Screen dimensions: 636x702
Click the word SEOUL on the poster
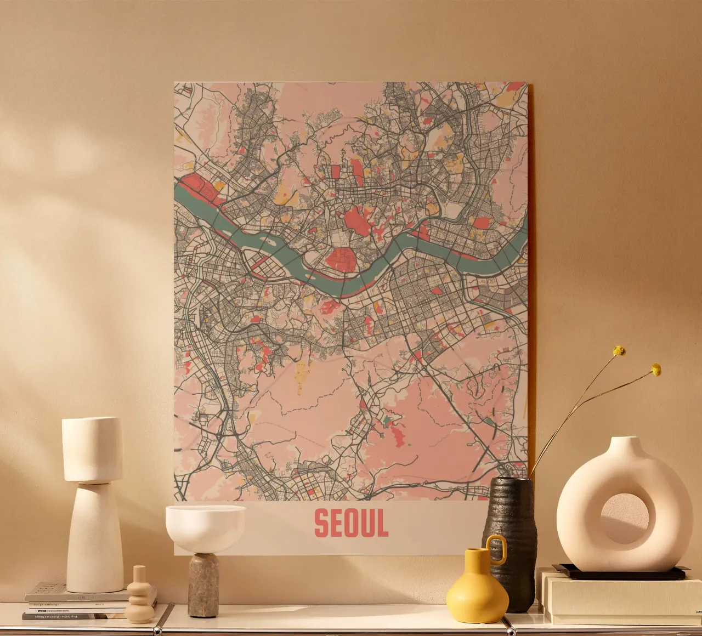(351, 523)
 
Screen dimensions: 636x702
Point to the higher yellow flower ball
(619, 351)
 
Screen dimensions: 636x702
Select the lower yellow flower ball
(656, 370)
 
